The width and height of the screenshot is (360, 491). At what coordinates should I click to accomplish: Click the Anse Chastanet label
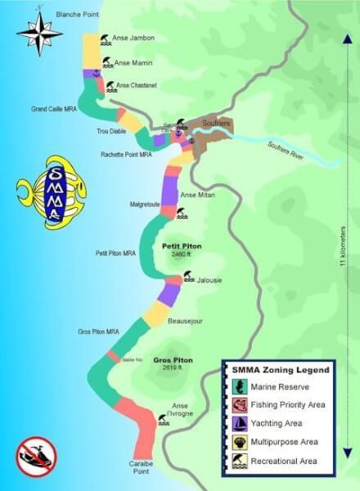tap(137, 84)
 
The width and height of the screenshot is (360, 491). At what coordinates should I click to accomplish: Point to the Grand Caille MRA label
tap(53, 108)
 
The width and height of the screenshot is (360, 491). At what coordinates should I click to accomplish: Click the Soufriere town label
tap(215, 123)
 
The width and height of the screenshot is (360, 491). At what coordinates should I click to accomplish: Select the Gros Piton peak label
tap(173, 360)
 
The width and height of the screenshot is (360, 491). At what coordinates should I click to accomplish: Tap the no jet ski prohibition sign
tap(36, 457)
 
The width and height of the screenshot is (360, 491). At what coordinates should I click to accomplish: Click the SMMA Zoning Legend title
tap(280, 370)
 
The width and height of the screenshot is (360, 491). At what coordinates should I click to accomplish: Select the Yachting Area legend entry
tap(280, 423)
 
